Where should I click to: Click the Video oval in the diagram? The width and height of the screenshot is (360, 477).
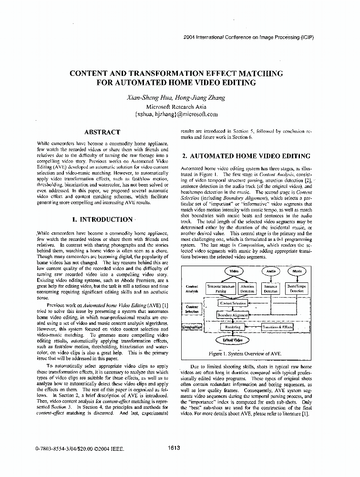click(x=234, y=271)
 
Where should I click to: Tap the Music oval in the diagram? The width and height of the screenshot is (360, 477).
click(x=297, y=271)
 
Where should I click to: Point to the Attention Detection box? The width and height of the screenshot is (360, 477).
click(x=247, y=288)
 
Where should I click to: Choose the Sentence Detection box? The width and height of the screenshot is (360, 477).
click(x=271, y=288)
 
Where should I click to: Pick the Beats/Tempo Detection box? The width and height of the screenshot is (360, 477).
click(x=297, y=288)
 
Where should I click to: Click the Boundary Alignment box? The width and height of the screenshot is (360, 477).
click(x=232, y=315)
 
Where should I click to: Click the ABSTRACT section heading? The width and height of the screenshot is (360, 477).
click(x=102, y=132)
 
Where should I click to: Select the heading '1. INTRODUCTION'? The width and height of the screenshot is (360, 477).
click(x=102, y=219)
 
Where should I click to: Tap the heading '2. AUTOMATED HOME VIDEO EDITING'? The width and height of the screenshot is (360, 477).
click(x=247, y=156)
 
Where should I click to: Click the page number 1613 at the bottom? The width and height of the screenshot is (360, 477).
click(x=174, y=447)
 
